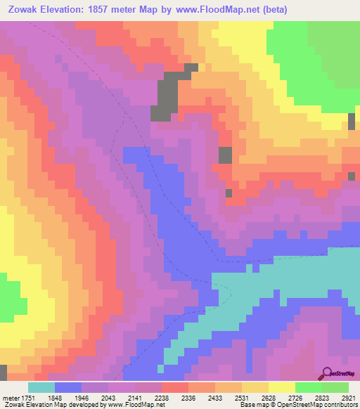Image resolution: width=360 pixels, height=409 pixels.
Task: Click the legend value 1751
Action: pos(28,397)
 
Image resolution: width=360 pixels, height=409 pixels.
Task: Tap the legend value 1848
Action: pos(64,397)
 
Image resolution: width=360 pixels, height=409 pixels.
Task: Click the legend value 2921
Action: pos(349,397)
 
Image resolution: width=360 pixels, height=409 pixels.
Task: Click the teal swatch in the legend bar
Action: pos(41,387)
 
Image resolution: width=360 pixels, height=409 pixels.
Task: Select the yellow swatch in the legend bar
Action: pos(282,387)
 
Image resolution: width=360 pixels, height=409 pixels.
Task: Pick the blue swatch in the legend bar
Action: pos(68,387)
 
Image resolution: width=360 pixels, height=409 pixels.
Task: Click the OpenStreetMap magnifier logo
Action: pos(328,373)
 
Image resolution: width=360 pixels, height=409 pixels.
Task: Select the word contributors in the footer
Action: pos(337,405)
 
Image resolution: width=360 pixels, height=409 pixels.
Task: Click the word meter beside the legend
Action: pos(10,397)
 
